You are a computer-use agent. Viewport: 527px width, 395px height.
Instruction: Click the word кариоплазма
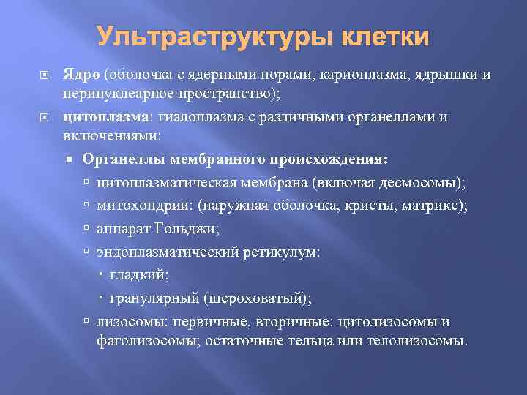tap(341, 75)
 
